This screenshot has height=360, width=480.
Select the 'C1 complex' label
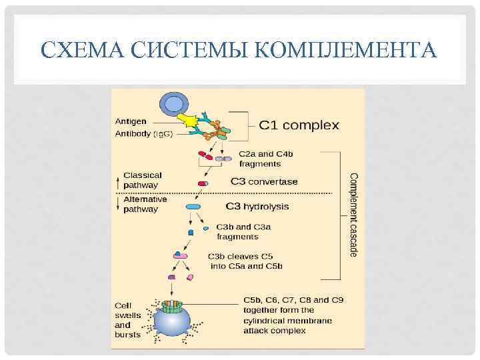299,125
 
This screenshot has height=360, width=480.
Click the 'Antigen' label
131,122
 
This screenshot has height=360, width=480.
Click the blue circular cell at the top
173,104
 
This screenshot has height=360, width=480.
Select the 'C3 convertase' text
264,181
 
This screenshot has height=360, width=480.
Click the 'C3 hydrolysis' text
258,207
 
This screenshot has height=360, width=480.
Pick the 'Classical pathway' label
142,180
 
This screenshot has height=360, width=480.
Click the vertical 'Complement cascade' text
354,213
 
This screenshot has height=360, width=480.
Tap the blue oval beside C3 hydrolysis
193,207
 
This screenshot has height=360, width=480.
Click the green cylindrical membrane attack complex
173,307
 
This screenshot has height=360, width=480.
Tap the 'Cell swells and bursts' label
127,320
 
